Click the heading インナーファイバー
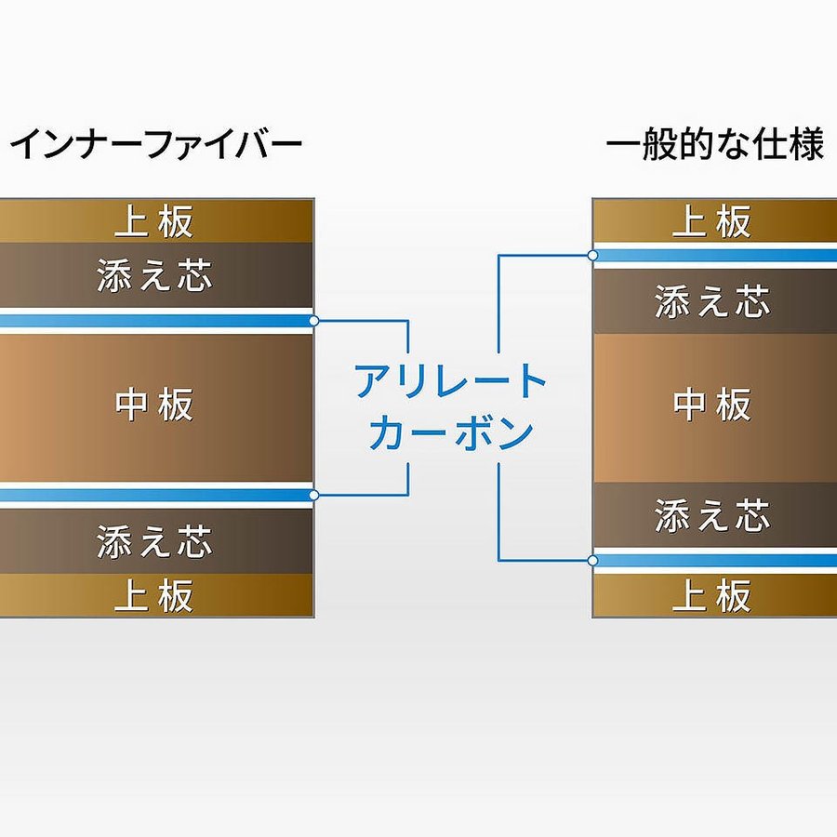156,145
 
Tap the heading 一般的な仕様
714,145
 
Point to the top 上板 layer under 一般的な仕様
712,221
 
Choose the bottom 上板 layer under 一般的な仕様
712,595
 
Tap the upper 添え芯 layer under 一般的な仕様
712,301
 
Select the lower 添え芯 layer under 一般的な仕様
712,515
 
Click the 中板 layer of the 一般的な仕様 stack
712,405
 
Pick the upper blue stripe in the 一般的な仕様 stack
712,255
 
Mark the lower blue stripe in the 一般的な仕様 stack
712,560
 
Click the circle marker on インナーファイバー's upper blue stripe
314,321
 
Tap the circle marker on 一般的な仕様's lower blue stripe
592,560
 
